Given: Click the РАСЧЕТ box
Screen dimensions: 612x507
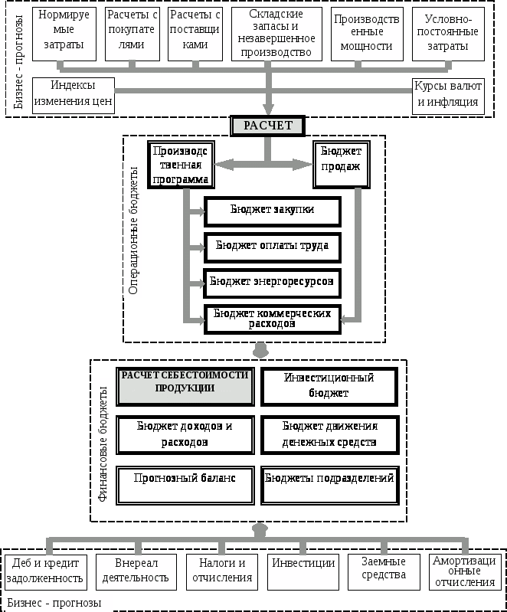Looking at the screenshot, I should pyautogui.click(x=268, y=126).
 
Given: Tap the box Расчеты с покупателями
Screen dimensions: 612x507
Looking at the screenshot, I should pyautogui.click(x=131, y=34).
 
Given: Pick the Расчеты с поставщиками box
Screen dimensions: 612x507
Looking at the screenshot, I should pyautogui.click(x=194, y=34).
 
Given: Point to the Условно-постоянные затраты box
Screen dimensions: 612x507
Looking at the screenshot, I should pyautogui.click(x=448, y=34).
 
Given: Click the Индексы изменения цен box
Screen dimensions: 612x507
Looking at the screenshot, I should pyautogui.click(x=73, y=95).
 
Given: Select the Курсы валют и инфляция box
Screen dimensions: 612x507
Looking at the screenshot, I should pyautogui.click(x=448, y=95).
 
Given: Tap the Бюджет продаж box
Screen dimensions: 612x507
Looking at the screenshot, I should pyautogui.click(x=341, y=164).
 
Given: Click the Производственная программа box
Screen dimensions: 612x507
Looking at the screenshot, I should pyautogui.click(x=181, y=165).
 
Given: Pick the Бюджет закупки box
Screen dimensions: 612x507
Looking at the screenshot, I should pyautogui.click(x=272, y=211).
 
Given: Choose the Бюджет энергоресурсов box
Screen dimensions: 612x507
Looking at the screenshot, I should pyautogui.click(x=272, y=282).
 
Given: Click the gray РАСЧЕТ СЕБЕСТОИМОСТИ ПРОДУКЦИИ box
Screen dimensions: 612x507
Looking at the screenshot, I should pyautogui.click(x=185, y=386).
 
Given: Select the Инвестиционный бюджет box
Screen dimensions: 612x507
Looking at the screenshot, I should pyautogui.click(x=329, y=386).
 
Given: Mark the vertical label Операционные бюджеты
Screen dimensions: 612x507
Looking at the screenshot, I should pyautogui.click(x=133, y=230).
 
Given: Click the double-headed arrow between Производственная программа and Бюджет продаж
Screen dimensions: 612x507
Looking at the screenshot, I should pyautogui.click(x=263, y=164).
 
